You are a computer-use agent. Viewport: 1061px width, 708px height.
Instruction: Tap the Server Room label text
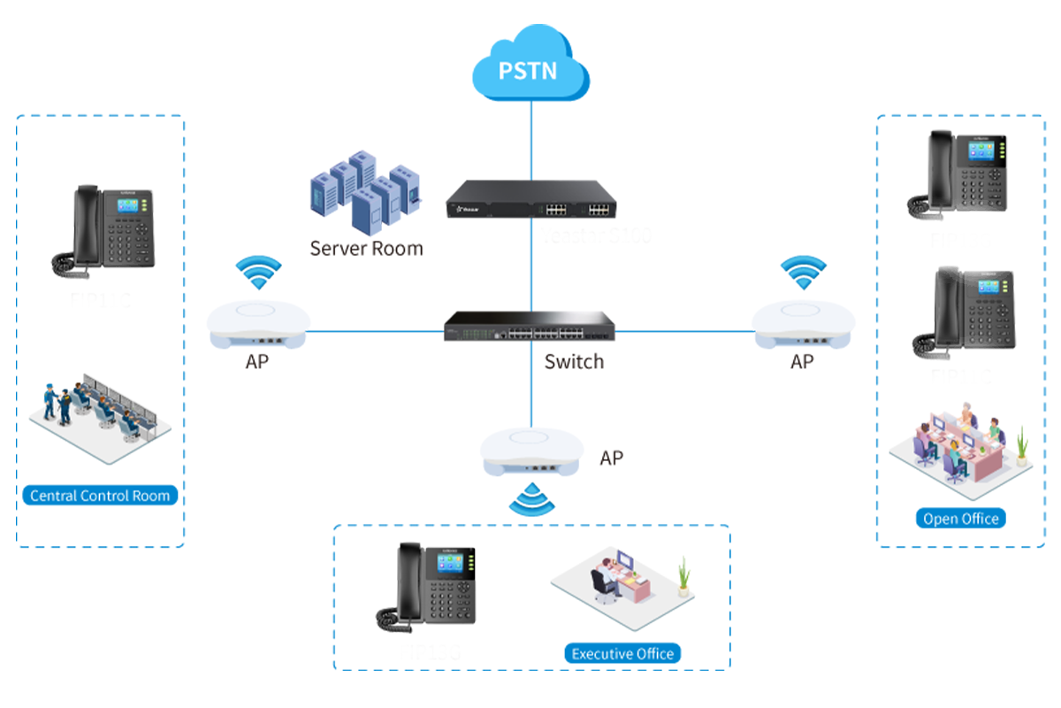pos(366,248)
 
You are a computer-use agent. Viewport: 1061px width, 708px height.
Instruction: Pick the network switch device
pos(531,327)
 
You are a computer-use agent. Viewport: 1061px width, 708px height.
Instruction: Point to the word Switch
pos(574,361)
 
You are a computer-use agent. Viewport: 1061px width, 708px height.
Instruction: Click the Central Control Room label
pos(100,496)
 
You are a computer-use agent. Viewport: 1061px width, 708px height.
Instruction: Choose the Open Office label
pos(960,519)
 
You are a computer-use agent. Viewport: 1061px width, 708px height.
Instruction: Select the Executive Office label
pos(622,654)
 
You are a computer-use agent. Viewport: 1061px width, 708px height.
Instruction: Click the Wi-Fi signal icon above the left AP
pos(259,273)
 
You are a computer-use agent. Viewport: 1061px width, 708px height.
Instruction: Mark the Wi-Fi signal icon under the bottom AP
pos(531,499)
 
